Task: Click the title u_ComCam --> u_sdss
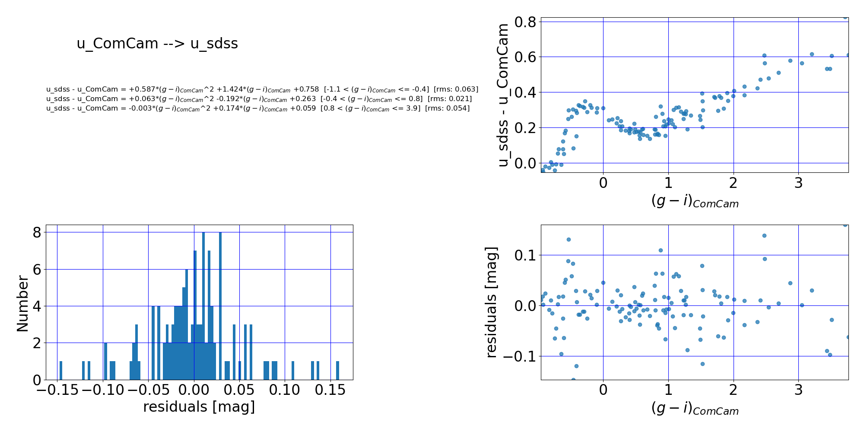(157, 44)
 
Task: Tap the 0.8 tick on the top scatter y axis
(525, 22)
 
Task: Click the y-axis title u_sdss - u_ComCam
(503, 95)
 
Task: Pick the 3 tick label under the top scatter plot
(798, 183)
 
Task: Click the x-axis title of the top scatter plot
(695, 201)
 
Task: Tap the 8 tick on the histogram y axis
(37, 232)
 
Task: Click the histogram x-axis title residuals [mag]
(199, 407)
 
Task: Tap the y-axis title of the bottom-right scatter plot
(492, 302)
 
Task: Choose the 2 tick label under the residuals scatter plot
(734, 391)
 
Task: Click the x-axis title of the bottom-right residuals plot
(695, 409)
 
